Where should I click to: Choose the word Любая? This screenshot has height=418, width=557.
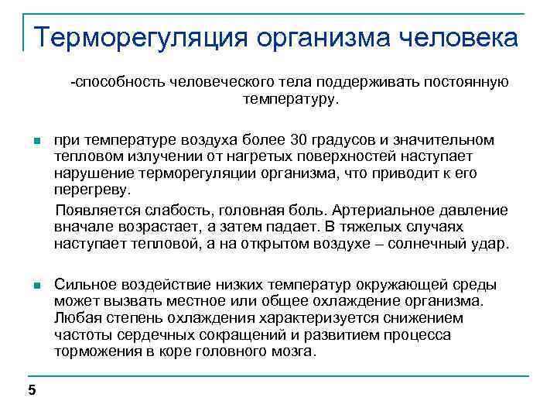coord(76,318)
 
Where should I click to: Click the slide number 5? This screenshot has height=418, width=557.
coord(32,390)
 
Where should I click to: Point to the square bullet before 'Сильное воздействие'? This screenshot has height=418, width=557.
coord(36,286)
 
